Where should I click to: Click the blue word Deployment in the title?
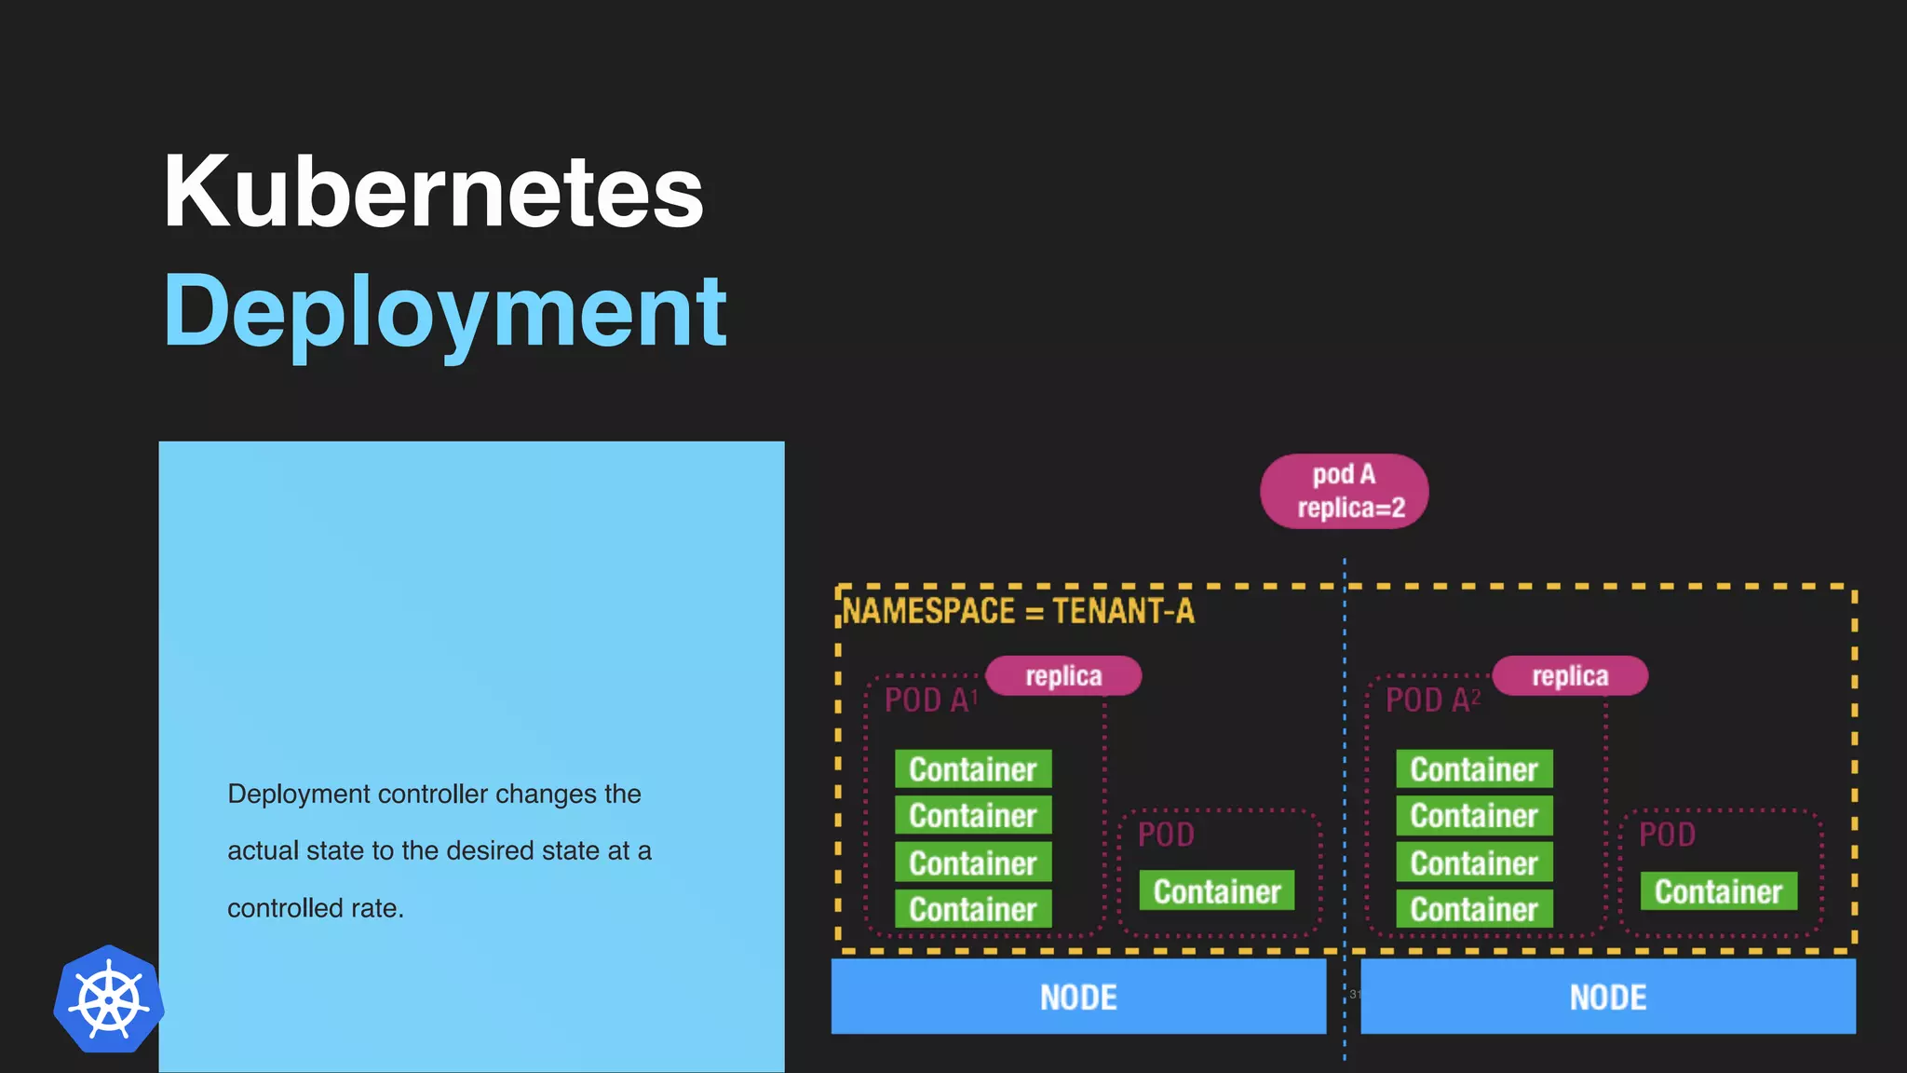pyautogui.click(x=445, y=312)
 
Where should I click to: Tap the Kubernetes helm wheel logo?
pyautogui.click(x=109, y=1000)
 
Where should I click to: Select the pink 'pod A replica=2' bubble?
pyautogui.click(x=1344, y=491)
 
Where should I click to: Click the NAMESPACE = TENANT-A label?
pyautogui.click(x=1018, y=612)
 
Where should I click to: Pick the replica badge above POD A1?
pyautogui.click(x=1063, y=676)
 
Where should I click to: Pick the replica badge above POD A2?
pyautogui.click(x=1570, y=676)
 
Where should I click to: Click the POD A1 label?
pyautogui.click(x=930, y=700)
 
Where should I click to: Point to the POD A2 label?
pyautogui.click(x=1432, y=700)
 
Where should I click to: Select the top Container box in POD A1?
pyautogui.click(x=973, y=769)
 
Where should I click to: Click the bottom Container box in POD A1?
pyautogui.click(x=973, y=909)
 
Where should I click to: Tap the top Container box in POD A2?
pyautogui.click(x=1474, y=769)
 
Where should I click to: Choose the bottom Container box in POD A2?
pyautogui.click(x=1474, y=909)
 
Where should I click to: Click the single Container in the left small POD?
pyautogui.click(x=1217, y=891)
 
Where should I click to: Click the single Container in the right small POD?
pyautogui.click(x=1718, y=891)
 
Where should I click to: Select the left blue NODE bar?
pyautogui.click(x=1078, y=998)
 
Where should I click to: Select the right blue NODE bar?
pyautogui.click(x=1608, y=998)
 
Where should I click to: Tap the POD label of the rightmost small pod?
pyautogui.click(x=1667, y=835)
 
